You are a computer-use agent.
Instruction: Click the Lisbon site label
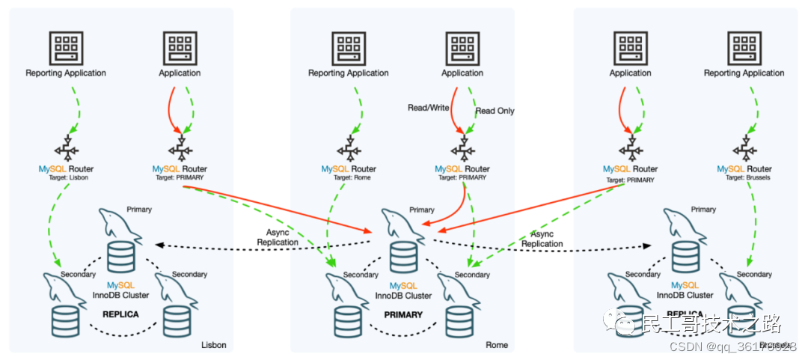point(214,345)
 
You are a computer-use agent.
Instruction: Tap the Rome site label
point(497,345)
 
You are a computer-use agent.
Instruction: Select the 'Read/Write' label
point(428,108)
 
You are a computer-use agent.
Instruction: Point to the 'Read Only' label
point(495,111)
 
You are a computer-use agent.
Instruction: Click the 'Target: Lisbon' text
point(66,177)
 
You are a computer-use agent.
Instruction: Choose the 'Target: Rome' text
point(348,177)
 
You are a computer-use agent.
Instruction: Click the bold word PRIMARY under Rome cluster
point(403,315)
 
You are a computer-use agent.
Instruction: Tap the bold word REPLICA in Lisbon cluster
point(120,314)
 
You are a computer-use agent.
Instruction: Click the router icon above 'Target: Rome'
point(349,147)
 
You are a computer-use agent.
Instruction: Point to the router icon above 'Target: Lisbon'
point(66,147)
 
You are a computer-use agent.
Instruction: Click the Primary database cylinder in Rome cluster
point(403,257)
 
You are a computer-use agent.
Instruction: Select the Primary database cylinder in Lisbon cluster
point(121,257)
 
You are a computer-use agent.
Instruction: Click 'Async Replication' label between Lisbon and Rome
point(278,237)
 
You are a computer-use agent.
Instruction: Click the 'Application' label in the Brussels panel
point(630,73)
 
